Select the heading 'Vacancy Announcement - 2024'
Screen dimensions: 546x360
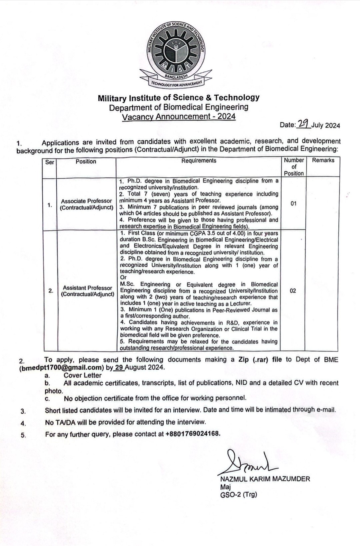click(x=179, y=117)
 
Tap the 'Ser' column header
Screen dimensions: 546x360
click(x=49, y=162)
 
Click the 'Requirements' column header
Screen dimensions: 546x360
click(x=199, y=161)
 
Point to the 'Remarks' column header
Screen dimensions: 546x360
click(x=323, y=160)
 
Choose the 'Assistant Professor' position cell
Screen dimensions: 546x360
click(x=87, y=291)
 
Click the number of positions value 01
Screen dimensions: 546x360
click(x=293, y=203)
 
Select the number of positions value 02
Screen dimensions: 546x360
click(x=293, y=291)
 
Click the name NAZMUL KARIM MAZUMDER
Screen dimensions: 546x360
click(x=265, y=479)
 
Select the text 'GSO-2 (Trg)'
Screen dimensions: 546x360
click(x=239, y=495)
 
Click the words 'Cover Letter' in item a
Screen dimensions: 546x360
click(x=83, y=375)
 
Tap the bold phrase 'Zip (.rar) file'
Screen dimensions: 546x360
click(x=260, y=360)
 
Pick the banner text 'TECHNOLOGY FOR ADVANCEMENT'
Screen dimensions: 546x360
click(x=176, y=83)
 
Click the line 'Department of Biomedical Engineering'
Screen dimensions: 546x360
click(x=179, y=107)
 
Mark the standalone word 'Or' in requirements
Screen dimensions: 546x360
click(x=123, y=278)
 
